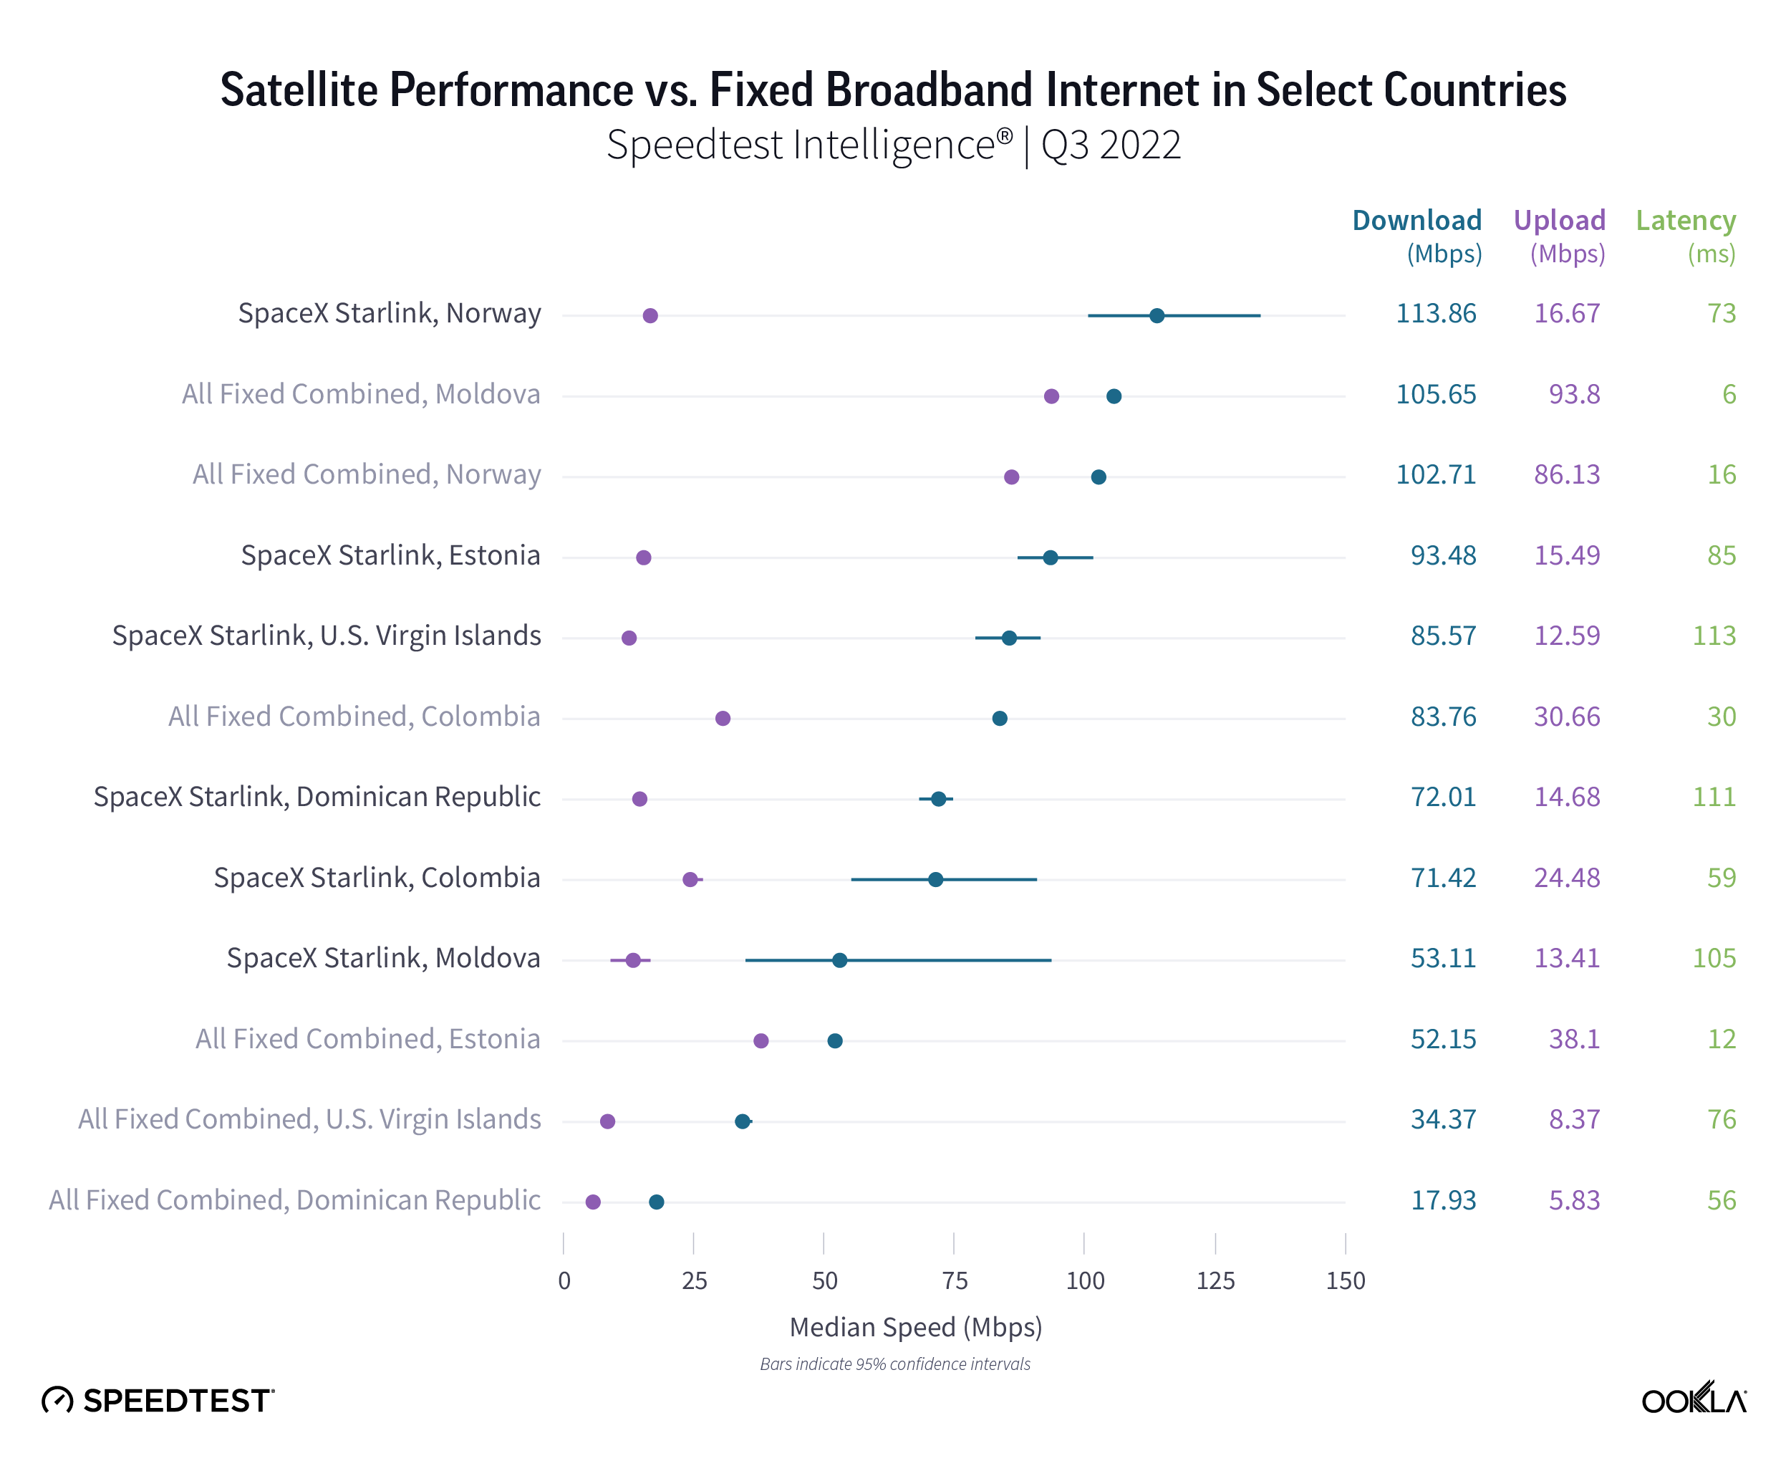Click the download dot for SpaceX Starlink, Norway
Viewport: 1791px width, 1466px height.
click(x=1157, y=316)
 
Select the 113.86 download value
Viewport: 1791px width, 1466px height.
click(x=1436, y=313)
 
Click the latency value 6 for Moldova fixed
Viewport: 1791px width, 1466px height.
click(x=1729, y=394)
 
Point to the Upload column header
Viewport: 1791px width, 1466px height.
click(x=1559, y=221)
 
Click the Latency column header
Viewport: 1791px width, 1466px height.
click(x=1686, y=221)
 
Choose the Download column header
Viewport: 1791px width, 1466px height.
click(x=1416, y=221)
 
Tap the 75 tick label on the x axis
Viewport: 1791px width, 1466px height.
click(x=955, y=1281)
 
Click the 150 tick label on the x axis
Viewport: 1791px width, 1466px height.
click(x=1346, y=1281)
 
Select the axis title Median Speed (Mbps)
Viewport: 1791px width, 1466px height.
click(x=916, y=1328)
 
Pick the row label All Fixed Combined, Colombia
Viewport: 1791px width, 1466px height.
click(x=354, y=717)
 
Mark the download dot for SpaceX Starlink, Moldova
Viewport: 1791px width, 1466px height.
click(x=840, y=960)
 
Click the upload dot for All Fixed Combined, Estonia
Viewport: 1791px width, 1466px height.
click(x=761, y=1040)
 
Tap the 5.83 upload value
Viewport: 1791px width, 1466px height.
click(x=1574, y=1200)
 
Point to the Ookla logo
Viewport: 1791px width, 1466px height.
click(x=1693, y=1399)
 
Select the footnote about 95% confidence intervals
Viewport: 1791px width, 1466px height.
click(x=894, y=1364)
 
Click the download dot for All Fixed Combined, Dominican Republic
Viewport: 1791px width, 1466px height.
click(x=657, y=1202)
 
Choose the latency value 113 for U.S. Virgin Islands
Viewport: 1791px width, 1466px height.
click(x=1714, y=636)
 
